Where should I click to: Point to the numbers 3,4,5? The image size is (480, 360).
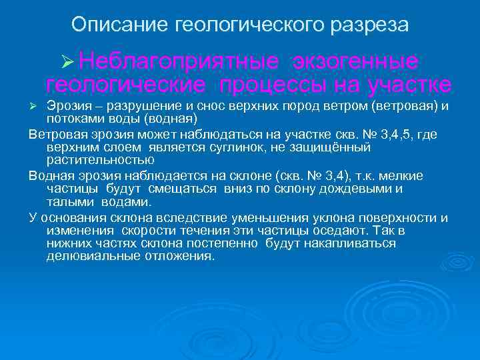[x=397, y=134]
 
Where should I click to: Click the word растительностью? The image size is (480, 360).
[x=100, y=160]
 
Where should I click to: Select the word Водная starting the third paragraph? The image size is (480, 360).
[x=50, y=175]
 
